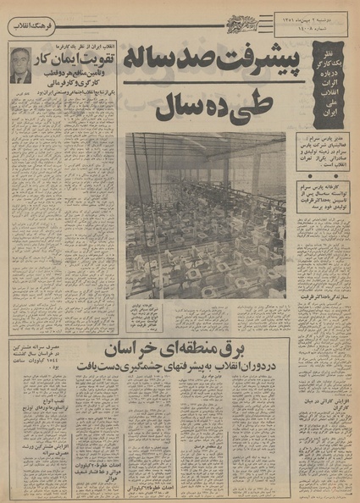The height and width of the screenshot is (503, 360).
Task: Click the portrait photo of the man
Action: tap(20, 65)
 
